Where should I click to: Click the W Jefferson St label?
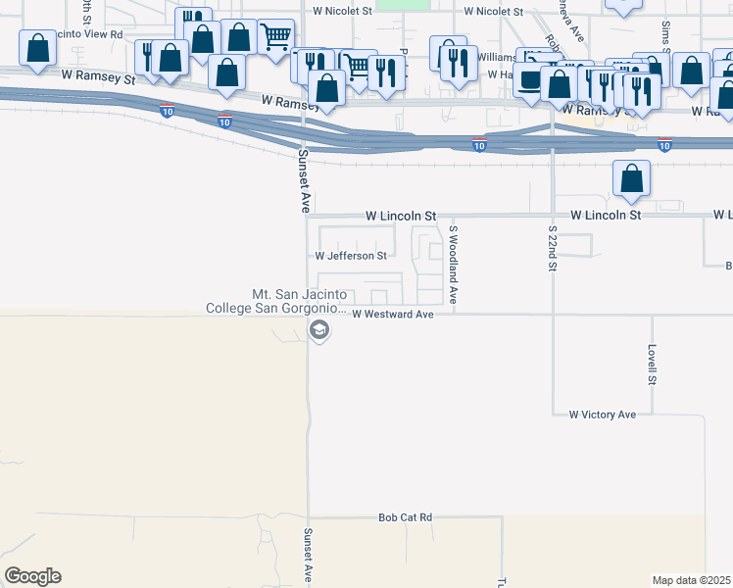coord(351,256)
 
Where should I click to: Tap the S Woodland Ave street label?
coord(454,265)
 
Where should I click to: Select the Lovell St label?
coord(651,364)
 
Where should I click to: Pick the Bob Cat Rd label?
coord(406,516)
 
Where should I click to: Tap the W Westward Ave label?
coord(392,315)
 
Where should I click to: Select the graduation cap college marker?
coord(318,331)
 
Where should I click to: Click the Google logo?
coord(32,576)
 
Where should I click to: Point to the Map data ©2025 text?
coord(691,580)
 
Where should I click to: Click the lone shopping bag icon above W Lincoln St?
coord(632,178)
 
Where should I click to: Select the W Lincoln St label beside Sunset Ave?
coord(400,215)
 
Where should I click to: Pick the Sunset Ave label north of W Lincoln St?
coord(304,181)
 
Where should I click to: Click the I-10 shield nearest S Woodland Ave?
coord(479,145)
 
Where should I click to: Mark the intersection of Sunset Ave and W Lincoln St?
coord(307,216)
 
